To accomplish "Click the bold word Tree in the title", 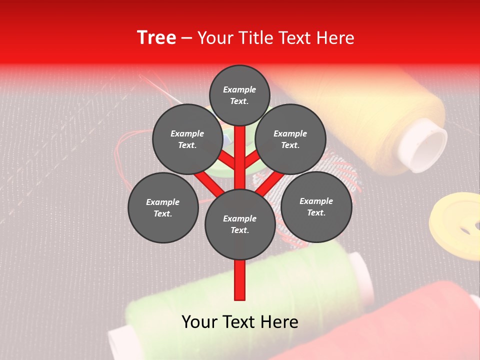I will pos(156,38).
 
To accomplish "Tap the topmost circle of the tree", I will pos(239,95).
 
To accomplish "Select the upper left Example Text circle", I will pos(187,139).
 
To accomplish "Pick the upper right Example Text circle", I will pos(290,139).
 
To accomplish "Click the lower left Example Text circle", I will pos(163,208).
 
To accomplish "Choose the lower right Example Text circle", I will pos(316,207).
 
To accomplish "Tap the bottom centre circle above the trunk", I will pos(240,224).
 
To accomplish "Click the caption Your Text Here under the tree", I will pos(240,322).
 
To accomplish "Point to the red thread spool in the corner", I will pos(400,325).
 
